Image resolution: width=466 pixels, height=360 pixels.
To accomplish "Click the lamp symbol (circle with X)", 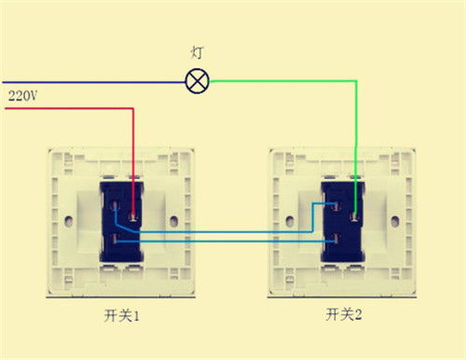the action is click(197, 81).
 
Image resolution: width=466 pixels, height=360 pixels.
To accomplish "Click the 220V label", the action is click(22, 96).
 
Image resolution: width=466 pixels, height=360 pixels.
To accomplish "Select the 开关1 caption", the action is click(121, 317).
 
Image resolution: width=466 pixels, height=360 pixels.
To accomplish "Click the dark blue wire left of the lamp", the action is click(93, 81).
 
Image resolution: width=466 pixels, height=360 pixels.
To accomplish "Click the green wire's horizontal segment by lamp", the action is click(280, 81).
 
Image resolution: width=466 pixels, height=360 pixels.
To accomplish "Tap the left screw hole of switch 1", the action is click(73, 223).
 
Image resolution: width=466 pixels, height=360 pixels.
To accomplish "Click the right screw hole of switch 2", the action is click(395, 223).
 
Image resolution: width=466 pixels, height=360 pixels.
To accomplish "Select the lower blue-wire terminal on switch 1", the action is click(115, 241).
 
